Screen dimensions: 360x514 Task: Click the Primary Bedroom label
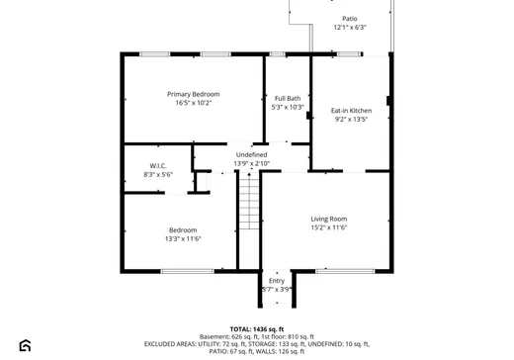(194, 94)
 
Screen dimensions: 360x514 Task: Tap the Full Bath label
(288, 99)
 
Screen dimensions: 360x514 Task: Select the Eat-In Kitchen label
(351, 111)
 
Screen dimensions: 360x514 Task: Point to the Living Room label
(329, 219)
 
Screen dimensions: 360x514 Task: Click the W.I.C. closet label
(158, 166)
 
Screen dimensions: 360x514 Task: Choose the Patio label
(350, 19)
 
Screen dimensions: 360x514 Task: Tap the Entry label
(277, 281)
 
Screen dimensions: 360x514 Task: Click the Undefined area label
(251, 154)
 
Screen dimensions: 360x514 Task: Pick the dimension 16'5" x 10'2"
(194, 103)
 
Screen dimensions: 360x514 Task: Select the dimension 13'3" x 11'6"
(183, 238)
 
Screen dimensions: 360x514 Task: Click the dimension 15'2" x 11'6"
(329, 227)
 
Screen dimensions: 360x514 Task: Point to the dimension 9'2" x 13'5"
(351, 120)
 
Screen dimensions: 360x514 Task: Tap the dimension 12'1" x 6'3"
(350, 28)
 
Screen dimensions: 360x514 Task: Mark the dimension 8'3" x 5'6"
(158, 175)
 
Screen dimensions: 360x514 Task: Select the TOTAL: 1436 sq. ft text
(256, 328)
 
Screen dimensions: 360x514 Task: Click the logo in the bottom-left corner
(25, 345)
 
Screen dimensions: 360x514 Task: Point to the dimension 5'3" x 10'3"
(288, 108)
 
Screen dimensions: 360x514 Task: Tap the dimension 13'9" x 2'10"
(251, 163)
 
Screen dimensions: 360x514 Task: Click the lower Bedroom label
(183, 229)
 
